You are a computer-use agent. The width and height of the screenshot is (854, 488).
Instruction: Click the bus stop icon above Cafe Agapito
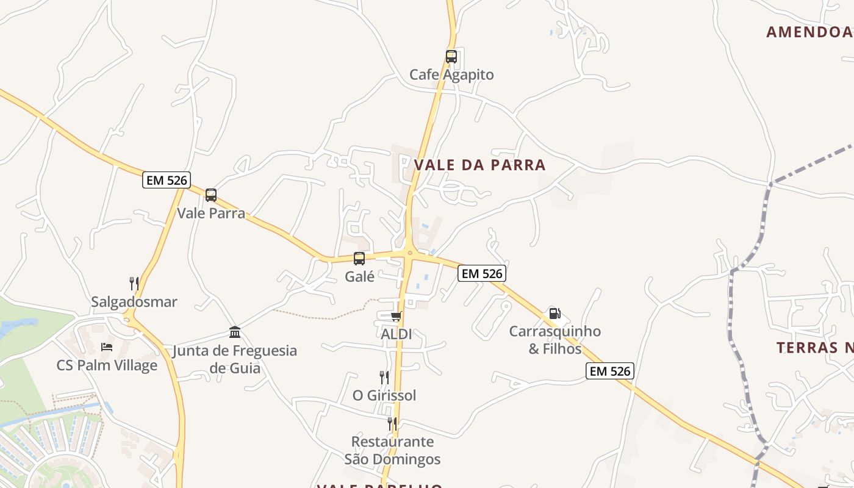pyautogui.click(x=451, y=57)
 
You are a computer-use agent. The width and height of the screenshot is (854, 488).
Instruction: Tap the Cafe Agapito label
pyautogui.click(x=451, y=75)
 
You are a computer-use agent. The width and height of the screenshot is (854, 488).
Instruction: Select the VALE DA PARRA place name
pyautogui.click(x=479, y=165)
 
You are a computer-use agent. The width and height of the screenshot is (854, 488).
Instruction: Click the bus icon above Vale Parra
pyautogui.click(x=211, y=195)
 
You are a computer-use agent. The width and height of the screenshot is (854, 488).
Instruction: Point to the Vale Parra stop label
pyautogui.click(x=211, y=213)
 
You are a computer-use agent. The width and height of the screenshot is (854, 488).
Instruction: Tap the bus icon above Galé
pyautogui.click(x=359, y=258)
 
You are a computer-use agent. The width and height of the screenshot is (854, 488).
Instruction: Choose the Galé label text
pyautogui.click(x=360, y=276)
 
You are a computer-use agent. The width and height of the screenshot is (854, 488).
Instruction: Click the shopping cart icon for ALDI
pyautogui.click(x=396, y=316)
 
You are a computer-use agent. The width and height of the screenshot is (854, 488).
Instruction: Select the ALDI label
pyautogui.click(x=396, y=334)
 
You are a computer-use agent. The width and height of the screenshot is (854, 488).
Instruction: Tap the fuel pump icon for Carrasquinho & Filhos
pyautogui.click(x=554, y=314)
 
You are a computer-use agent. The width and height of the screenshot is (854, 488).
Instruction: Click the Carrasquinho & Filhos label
pyautogui.click(x=555, y=340)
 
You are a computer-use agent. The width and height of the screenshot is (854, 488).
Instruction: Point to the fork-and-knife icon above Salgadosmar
pyautogui.click(x=134, y=283)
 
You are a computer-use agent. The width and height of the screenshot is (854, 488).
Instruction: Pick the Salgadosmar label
pyautogui.click(x=134, y=302)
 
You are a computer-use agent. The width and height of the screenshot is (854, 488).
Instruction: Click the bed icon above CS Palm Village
pyautogui.click(x=107, y=347)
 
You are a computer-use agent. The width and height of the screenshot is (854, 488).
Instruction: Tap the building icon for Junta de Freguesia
pyautogui.click(x=235, y=332)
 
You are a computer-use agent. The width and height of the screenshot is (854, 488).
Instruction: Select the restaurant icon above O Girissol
pyautogui.click(x=384, y=377)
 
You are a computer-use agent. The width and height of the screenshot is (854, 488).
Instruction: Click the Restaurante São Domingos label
pyautogui.click(x=392, y=450)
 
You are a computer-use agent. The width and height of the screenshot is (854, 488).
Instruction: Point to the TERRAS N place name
pyautogui.click(x=815, y=348)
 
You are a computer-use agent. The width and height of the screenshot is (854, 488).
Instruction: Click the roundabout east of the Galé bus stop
pyautogui.click(x=409, y=253)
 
